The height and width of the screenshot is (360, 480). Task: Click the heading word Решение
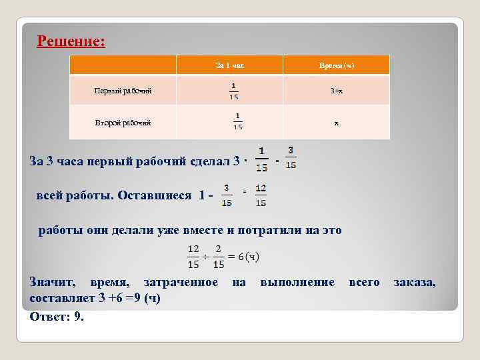coord(70,41)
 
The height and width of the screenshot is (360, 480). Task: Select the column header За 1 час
coord(229,65)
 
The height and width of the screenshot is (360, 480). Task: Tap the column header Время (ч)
coord(337,65)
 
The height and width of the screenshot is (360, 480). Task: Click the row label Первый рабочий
coord(123,91)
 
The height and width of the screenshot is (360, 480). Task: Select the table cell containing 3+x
coord(337,91)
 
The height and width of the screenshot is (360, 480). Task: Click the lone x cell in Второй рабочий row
coord(337,123)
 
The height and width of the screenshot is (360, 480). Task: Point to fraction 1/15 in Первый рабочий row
coord(233,91)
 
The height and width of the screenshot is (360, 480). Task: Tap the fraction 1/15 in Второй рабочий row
coord(238,122)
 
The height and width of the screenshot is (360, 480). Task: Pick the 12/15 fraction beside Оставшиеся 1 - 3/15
coord(261,195)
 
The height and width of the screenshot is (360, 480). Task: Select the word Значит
coord(51,283)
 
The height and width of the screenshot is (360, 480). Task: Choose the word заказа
coord(414,283)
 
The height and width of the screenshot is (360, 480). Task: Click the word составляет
coord(58,298)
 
